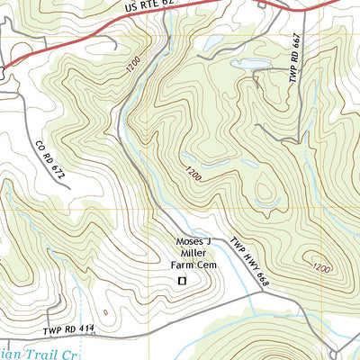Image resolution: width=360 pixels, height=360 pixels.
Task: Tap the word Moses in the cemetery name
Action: point(193,241)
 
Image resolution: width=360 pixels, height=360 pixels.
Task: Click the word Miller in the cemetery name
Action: point(193,253)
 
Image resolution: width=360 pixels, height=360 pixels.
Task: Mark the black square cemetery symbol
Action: point(182,282)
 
